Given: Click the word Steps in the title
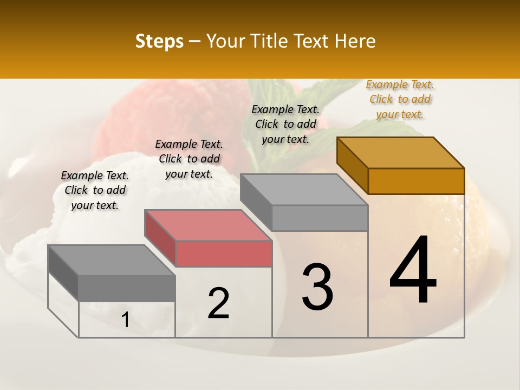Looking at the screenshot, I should [x=159, y=41].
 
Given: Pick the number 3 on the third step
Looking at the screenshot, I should [x=317, y=287].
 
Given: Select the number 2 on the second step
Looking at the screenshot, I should [x=218, y=303].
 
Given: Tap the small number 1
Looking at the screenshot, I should [x=125, y=320].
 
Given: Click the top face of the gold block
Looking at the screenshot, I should [x=400, y=152].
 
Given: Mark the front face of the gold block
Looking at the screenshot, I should [x=416, y=181].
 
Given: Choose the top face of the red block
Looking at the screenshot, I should [x=207, y=225].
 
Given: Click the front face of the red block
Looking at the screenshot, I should [x=224, y=254].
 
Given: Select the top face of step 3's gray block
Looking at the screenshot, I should [x=303, y=189].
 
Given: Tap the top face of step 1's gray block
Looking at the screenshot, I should [x=111, y=260].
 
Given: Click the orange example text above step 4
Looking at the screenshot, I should [x=400, y=99].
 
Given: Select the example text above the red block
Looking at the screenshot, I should [x=189, y=159].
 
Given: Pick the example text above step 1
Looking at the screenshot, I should [x=95, y=190].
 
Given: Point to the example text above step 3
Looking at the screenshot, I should [x=285, y=124].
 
